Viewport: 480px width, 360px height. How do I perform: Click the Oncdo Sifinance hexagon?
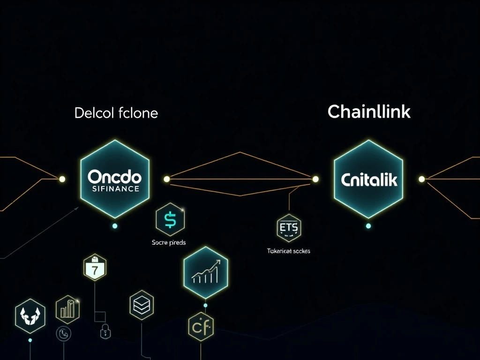click(114, 179)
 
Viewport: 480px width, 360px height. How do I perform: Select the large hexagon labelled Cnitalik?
click(368, 179)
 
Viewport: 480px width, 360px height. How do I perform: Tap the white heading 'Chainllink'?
click(369, 112)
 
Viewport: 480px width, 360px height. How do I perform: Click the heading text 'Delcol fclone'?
click(116, 113)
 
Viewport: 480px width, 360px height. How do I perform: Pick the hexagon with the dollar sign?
click(170, 219)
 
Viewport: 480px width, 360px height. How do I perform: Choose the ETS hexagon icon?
click(288, 229)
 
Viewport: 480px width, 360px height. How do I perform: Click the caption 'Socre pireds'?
click(169, 242)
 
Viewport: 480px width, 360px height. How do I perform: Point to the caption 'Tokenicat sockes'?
click(288, 251)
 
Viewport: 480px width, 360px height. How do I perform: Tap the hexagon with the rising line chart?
click(206, 272)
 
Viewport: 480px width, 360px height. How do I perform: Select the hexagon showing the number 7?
click(95, 268)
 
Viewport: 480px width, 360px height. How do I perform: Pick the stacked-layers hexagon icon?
click(142, 305)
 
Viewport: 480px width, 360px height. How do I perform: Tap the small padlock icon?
click(104, 333)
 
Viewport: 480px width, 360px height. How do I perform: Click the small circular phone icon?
click(63, 334)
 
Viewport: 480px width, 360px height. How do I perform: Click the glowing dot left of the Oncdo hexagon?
click(62, 179)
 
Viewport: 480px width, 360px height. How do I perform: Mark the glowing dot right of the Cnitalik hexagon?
click(421, 179)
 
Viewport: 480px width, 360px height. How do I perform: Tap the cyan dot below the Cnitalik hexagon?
click(368, 226)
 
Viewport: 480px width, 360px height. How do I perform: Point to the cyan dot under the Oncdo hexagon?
click(115, 226)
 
